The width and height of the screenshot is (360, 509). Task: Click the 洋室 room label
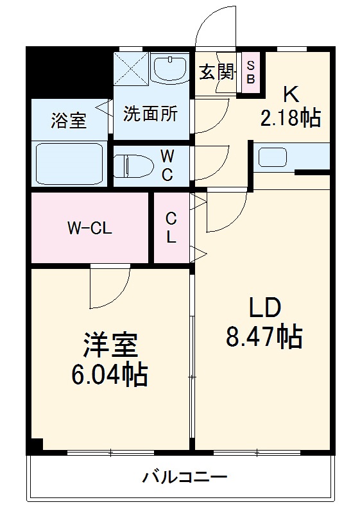tap(110, 346)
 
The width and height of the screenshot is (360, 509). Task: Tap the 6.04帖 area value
tap(110, 374)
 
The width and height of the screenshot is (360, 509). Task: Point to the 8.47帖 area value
tap(264, 336)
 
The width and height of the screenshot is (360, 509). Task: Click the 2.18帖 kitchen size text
tap(290, 118)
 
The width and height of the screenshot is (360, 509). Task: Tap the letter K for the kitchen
tap(290, 94)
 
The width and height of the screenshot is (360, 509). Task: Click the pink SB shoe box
tap(251, 72)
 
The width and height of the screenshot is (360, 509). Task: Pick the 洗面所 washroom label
tap(150, 114)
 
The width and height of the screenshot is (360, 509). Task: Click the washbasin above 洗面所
tap(171, 69)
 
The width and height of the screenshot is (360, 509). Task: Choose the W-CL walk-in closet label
tap(90, 229)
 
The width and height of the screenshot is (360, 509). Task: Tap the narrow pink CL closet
tap(171, 228)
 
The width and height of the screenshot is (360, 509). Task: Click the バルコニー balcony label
tap(184, 478)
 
